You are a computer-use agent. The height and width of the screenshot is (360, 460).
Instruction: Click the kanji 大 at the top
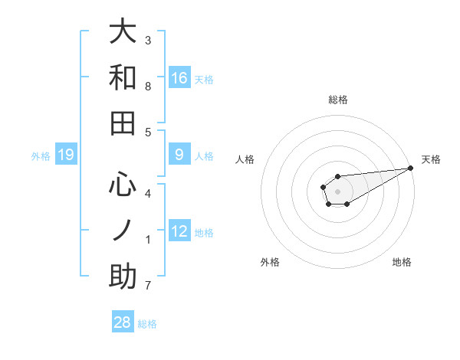point(123,32)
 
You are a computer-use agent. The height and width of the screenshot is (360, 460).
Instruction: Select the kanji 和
point(123,78)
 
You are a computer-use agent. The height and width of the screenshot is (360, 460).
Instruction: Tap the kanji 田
point(123,123)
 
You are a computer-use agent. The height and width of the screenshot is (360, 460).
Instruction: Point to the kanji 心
point(123,184)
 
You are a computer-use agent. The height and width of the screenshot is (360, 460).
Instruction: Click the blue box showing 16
point(179,77)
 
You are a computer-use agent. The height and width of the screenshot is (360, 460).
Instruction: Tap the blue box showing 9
point(179,155)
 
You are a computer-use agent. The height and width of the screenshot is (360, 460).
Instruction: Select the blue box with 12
point(179,231)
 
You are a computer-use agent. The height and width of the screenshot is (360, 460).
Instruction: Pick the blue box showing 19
point(66,155)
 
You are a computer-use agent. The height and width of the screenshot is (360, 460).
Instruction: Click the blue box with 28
point(123,322)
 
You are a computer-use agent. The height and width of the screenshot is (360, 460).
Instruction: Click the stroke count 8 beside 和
point(148,87)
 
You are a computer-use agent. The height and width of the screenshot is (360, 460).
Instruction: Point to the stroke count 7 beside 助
point(148,286)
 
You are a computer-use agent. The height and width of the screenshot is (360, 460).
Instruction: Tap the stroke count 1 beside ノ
point(148,241)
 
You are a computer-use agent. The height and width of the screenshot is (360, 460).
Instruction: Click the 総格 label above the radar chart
point(338,100)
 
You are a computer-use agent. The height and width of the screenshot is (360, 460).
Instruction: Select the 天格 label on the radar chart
point(432,159)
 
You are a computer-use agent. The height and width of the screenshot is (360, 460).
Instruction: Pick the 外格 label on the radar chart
point(270,263)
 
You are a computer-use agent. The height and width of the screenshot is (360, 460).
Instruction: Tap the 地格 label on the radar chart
point(402,263)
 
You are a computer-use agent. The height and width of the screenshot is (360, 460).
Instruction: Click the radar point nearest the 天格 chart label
point(411,168)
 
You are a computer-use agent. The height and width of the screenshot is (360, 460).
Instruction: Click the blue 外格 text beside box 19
point(41,156)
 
